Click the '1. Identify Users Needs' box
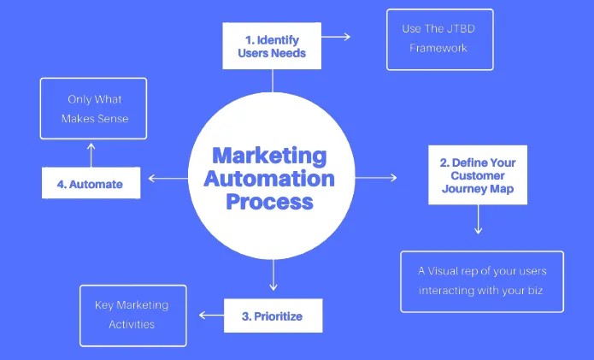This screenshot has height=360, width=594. point(272,45)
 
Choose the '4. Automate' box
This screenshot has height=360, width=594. point(91,184)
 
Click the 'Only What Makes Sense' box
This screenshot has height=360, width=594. point(94,109)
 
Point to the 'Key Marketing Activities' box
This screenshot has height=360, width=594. point(132,315)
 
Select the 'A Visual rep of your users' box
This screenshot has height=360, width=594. point(482,281)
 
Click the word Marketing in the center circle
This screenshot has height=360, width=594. point(268,157)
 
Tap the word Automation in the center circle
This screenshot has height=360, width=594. point(268,180)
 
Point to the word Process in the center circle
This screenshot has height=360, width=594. point(268,203)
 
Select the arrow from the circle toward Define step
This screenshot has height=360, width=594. point(376,178)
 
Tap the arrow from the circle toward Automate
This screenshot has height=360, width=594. point(167,179)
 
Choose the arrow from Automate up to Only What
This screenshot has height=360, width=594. point(90,154)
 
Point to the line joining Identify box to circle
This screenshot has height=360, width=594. point(273,80)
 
